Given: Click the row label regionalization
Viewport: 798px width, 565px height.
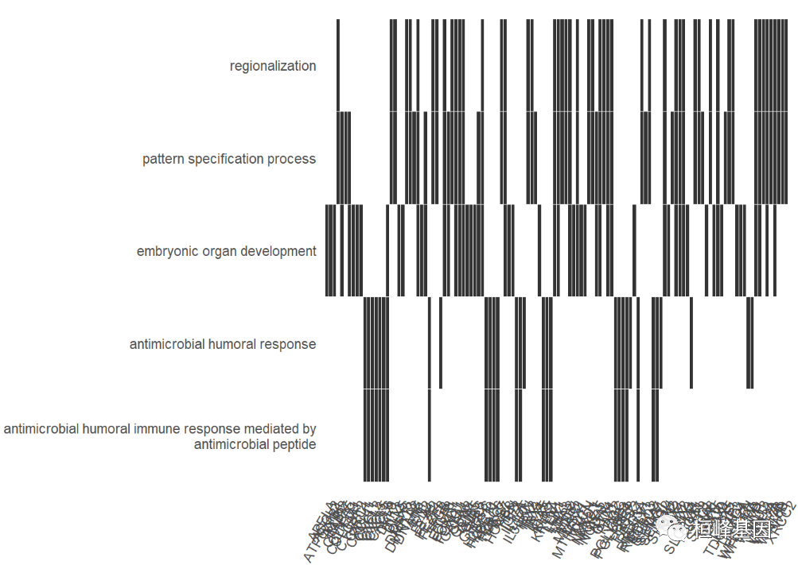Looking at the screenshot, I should click(273, 66).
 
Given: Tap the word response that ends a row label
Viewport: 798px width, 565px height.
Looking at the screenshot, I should click(291, 344).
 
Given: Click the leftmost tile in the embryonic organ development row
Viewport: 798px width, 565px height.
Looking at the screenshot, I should click(327, 250).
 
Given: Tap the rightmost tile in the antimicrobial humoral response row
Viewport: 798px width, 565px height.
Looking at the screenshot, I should click(751, 343).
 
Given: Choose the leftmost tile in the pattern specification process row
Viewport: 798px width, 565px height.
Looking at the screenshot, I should click(338, 157).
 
